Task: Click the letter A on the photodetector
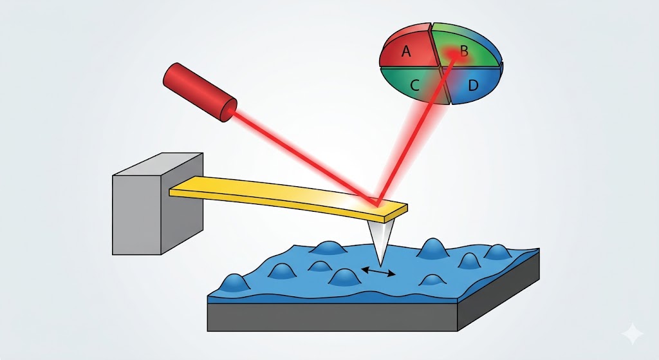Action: [x=406, y=52]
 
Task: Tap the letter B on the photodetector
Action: [x=464, y=51]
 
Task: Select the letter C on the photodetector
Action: [x=414, y=86]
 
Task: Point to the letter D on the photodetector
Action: [x=473, y=86]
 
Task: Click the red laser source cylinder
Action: [x=200, y=93]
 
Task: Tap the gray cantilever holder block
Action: [x=158, y=204]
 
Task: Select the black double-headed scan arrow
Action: [x=378, y=271]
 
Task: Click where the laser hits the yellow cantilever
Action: [x=375, y=204]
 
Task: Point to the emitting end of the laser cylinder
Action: [x=230, y=110]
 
